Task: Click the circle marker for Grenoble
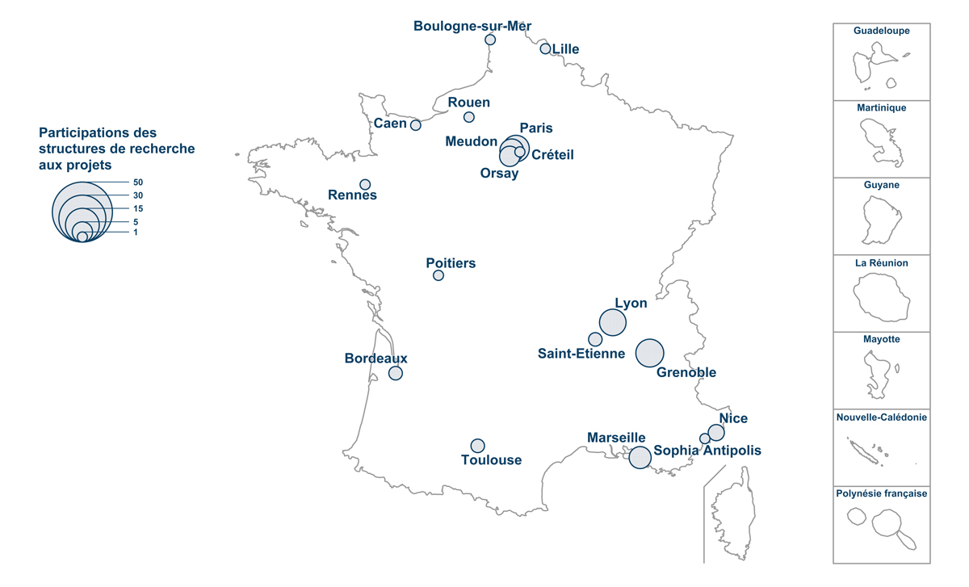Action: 650,353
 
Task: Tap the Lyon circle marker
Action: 614,322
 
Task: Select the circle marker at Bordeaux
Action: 396,373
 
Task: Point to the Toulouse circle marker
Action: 478,446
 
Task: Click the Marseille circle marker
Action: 640,458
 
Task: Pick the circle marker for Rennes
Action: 365,184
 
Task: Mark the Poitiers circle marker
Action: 438,275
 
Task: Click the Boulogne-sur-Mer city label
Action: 472,26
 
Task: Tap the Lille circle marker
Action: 545,48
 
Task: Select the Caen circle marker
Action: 416,125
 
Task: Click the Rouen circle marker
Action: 469,117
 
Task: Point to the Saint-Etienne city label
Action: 581,354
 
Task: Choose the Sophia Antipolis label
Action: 707,451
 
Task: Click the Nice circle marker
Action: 716,432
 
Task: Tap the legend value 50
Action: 138,182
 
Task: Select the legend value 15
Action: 138,208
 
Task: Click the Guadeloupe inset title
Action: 882,31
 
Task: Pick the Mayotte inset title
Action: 882,339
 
